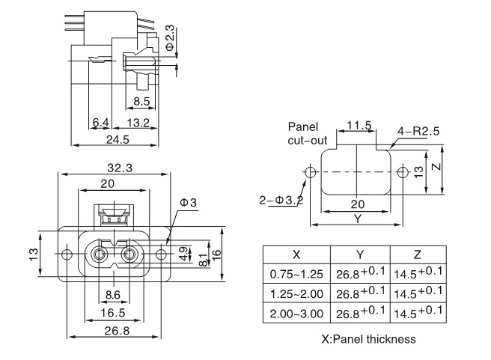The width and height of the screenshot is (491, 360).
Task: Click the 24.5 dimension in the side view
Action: tap(118, 139)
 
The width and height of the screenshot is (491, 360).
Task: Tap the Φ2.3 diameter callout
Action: tap(170, 37)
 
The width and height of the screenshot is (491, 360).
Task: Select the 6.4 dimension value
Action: tap(100, 122)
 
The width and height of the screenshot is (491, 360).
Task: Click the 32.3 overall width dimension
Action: tap(118, 168)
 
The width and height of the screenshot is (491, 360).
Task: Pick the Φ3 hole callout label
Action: tap(188, 203)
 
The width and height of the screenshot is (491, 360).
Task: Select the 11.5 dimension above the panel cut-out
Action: tap(359, 125)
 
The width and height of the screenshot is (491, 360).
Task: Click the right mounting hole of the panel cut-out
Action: tap(403, 172)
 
